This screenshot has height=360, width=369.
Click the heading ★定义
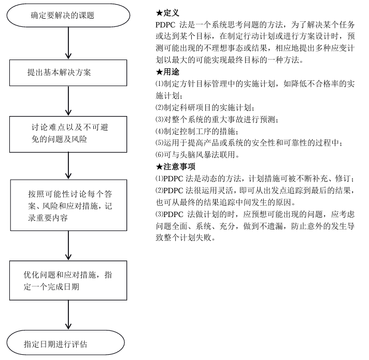coord(167,11)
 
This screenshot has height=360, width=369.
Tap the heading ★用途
coord(167,72)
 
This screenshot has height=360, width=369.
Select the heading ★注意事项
coord(176,167)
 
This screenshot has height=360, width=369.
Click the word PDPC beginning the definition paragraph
coord(166,24)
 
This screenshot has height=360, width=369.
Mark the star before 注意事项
coord(159,167)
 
